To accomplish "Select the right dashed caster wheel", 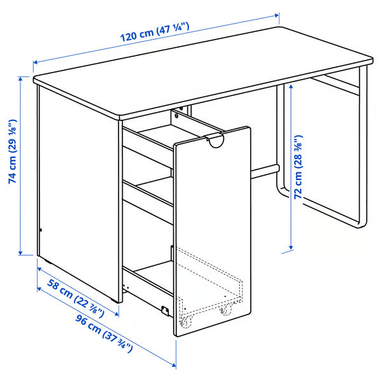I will click(x=225, y=310).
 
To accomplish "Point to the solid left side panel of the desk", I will click(x=76, y=191).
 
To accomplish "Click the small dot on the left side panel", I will click(x=39, y=230).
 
